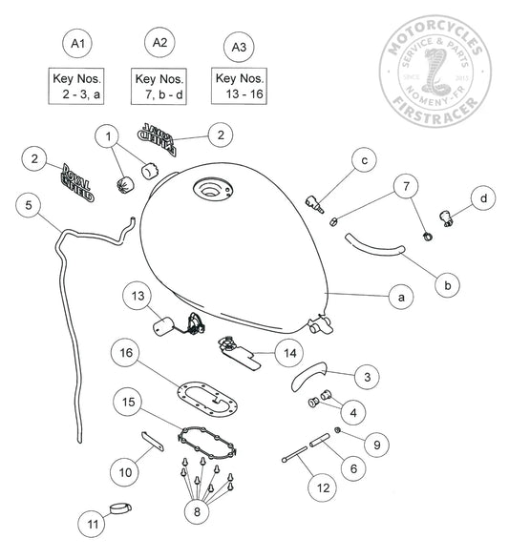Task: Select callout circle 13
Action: point(138,297)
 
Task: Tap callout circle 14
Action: point(289,352)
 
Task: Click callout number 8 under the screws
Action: point(199,510)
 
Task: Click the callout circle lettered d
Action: point(483,198)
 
